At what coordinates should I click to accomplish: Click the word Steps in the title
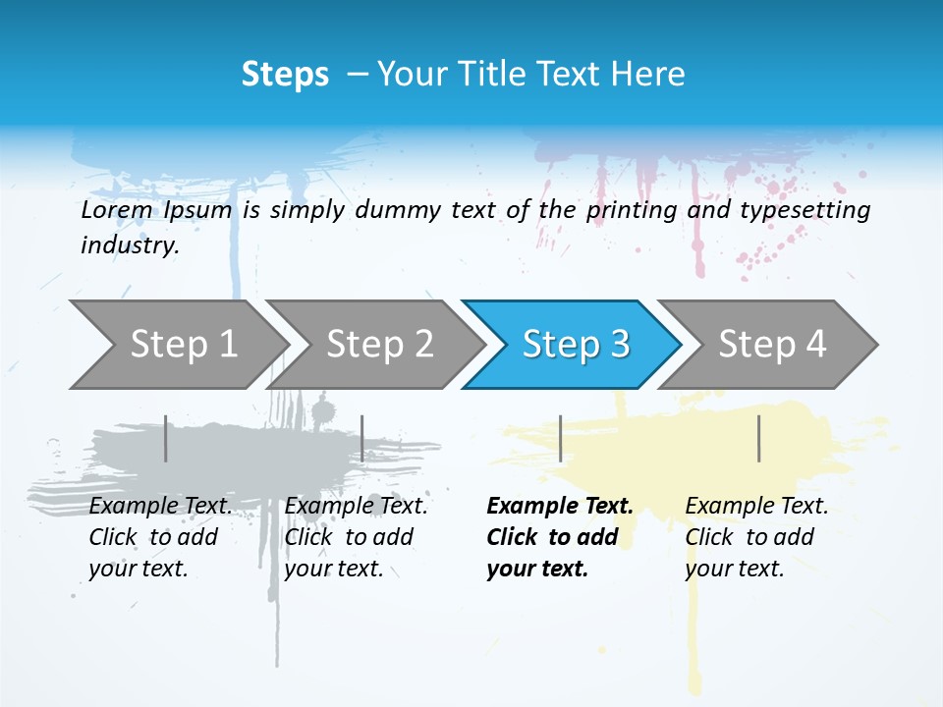tap(285, 75)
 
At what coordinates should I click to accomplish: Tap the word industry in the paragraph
tap(130, 245)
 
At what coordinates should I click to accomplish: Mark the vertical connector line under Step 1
tap(166, 438)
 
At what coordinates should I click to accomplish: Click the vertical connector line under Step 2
tap(362, 438)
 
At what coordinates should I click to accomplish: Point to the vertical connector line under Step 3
tap(560, 438)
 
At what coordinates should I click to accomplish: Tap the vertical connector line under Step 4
tap(759, 438)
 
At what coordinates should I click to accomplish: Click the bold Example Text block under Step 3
tap(560, 537)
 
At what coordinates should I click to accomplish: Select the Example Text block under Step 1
tap(160, 537)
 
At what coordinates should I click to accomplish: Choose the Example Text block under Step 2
tap(356, 537)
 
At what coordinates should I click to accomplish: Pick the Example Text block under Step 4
tap(756, 537)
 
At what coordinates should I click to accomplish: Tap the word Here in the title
tap(647, 75)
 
